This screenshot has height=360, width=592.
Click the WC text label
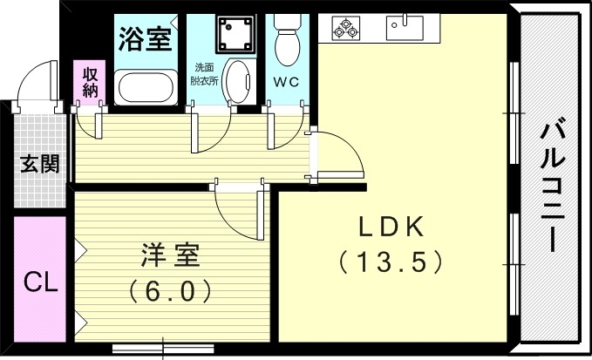coord(286,84)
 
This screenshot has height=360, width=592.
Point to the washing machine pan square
coord(235,31)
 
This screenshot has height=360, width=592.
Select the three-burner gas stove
coord(345,30)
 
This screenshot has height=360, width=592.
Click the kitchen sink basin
coord(405,26)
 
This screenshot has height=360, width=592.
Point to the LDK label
coord(392,228)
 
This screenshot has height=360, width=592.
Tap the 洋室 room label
coord(171,256)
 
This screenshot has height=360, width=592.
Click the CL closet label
coord(41,282)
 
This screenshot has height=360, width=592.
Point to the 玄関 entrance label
coord(40,164)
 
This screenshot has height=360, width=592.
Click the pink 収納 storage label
coord(90,80)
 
